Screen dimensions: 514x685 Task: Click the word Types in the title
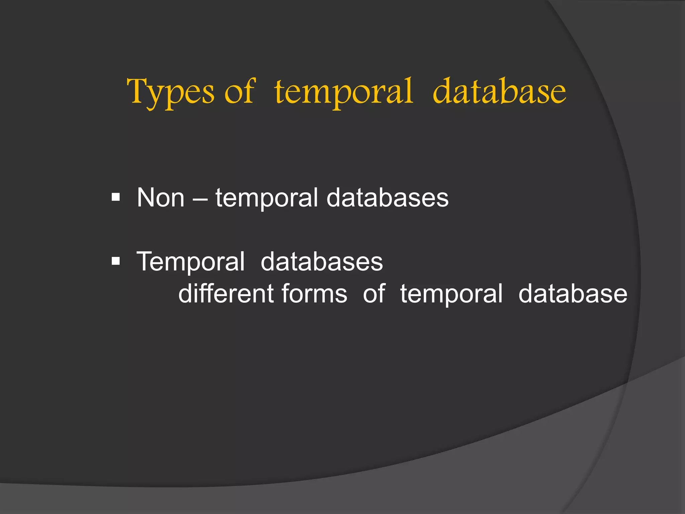coord(170,92)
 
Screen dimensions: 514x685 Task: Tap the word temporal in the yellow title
coord(344,92)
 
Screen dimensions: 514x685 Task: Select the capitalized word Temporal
coord(191,262)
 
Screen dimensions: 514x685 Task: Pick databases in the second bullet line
coord(322,261)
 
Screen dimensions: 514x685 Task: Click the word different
coord(226,293)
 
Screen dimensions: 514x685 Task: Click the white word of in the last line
coord(374,293)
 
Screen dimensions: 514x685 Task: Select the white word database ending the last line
coord(573,293)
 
